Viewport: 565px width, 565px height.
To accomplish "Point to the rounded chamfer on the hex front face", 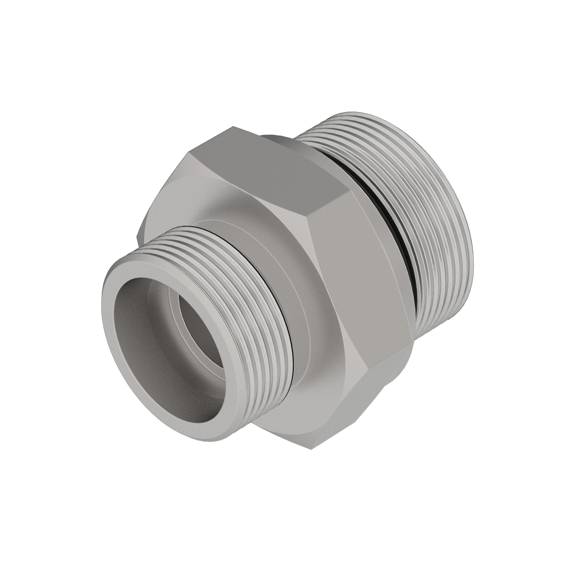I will [217, 202].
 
